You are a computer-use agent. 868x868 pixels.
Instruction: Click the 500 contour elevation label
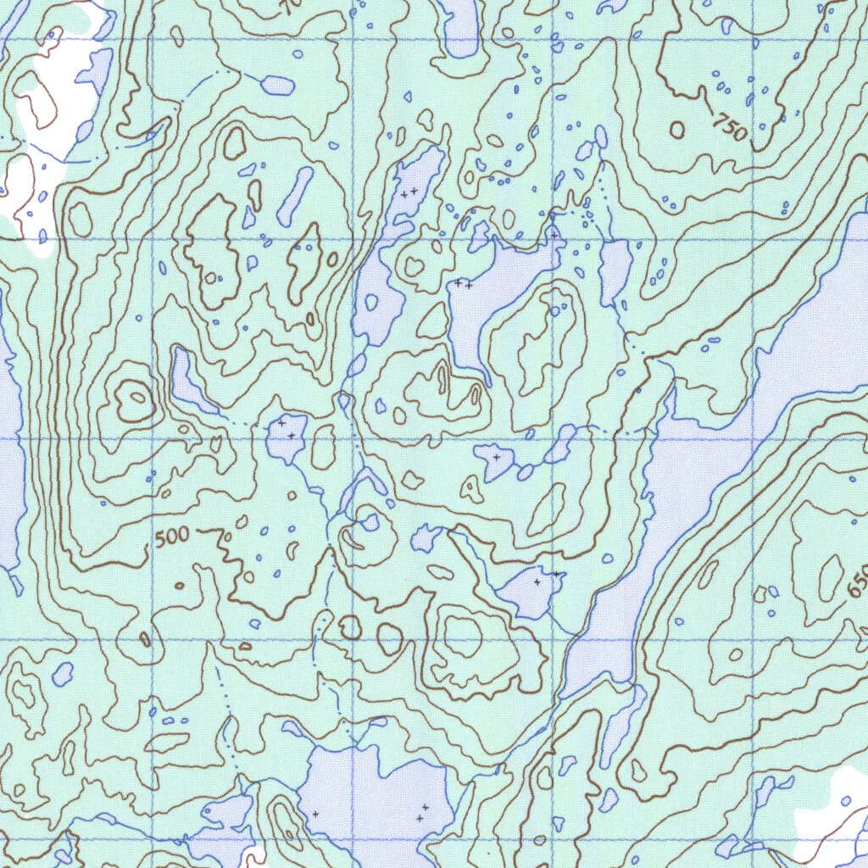[x=173, y=537]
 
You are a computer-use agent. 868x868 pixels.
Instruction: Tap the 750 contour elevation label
[x=729, y=128]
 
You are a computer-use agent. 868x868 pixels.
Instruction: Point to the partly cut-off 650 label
[x=858, y=581]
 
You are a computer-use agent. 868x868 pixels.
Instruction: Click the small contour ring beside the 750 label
[x=676, y=129]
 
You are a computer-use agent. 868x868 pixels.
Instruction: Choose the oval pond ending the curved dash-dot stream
[x=277, y=85]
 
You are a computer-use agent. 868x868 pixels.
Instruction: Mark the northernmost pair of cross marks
[x=409, y=193]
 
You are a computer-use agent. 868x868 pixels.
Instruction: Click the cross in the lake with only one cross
[x=496, y=457]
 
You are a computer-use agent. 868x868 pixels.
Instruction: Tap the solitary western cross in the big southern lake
[x=314, y=814]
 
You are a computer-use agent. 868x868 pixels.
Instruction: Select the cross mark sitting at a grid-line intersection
[x=554, y=235]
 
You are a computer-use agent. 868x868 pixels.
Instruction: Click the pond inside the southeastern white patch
[x=846, y=801]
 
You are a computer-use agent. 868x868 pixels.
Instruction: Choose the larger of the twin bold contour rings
[x=389, y=638]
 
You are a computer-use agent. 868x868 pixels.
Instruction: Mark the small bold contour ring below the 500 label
[x=179, y=585]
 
